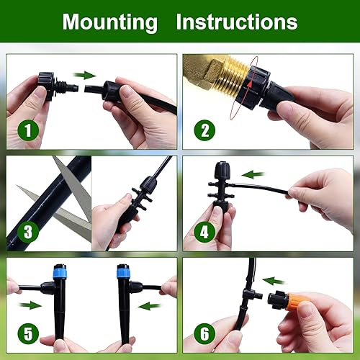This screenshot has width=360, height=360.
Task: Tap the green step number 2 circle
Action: pos(205,132)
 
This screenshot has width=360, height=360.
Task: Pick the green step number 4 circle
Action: pos(205,233)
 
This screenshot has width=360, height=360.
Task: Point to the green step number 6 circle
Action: pos(205,333)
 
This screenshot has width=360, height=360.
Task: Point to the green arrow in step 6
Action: pos(274,280)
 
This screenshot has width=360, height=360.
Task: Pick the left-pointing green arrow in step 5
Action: pos(149,305)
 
